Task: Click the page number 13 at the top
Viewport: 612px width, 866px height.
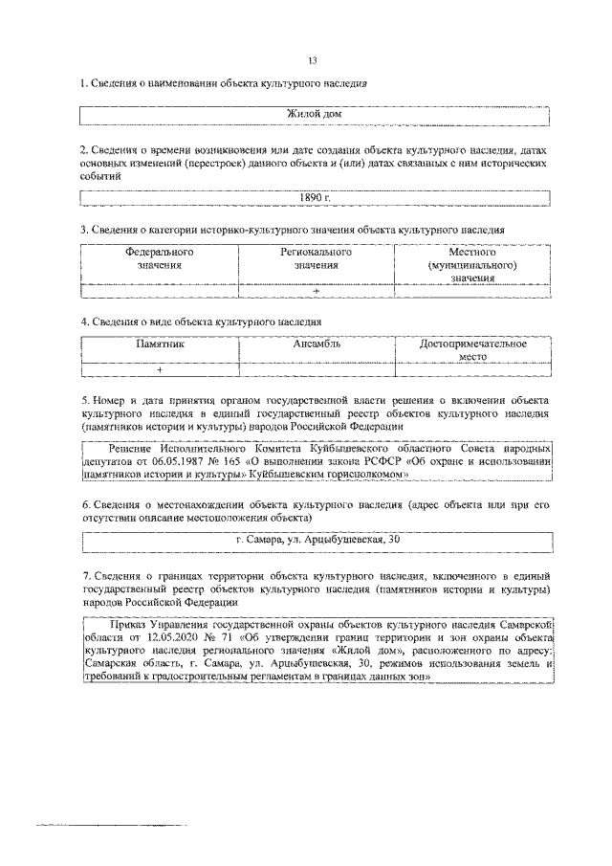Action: (313, 60)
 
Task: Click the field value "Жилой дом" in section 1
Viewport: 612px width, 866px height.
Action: (315, 115)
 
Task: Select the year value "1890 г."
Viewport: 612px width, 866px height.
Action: (315, 197)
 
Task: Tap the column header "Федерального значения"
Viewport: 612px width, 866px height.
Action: (160, 259)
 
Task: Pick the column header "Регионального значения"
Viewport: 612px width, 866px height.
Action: (316, 259)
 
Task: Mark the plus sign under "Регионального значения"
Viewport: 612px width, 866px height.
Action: (316, 291)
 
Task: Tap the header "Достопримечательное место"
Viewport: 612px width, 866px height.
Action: (472, 349)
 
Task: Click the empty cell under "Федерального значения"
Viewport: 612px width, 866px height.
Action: (160, 291)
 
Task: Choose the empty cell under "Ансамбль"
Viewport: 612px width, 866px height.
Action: (317, 369)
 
